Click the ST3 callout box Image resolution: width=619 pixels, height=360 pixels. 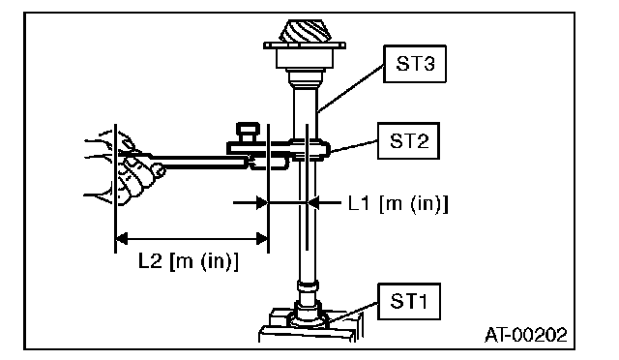coord(415,64)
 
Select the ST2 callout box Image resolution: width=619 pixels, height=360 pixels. coord(408,141)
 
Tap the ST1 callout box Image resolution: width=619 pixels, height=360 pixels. coord(409,302)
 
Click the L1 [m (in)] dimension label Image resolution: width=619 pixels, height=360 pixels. coord(398,204)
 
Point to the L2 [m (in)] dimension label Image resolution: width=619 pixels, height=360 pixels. coord(189,261)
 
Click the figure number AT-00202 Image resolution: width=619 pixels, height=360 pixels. coord(525,335)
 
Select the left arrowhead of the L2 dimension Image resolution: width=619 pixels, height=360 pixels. coord(122,239)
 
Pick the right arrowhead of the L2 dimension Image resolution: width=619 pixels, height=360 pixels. coord(262,239)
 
